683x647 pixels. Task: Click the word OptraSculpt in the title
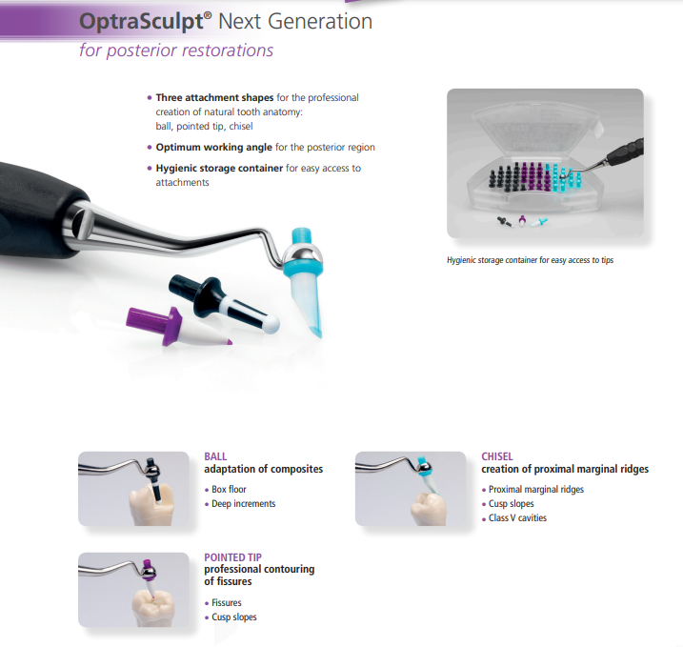142,22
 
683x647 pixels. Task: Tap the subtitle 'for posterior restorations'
176,51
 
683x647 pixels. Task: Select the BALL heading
215,456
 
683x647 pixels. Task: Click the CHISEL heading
497,456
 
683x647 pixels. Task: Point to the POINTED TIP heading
233,557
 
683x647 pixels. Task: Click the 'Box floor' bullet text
229,489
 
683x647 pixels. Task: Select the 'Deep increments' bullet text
244,504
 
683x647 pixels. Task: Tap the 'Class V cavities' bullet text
517,518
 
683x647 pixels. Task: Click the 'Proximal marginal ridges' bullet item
536,489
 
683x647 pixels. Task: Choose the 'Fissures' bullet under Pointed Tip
227,602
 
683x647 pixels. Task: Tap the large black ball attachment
222,300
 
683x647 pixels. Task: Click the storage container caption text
530,260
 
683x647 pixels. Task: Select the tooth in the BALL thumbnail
151,504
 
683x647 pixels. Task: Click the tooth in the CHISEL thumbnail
428,509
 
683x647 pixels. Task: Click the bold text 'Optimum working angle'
214,148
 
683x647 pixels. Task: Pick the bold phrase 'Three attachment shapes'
214,97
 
